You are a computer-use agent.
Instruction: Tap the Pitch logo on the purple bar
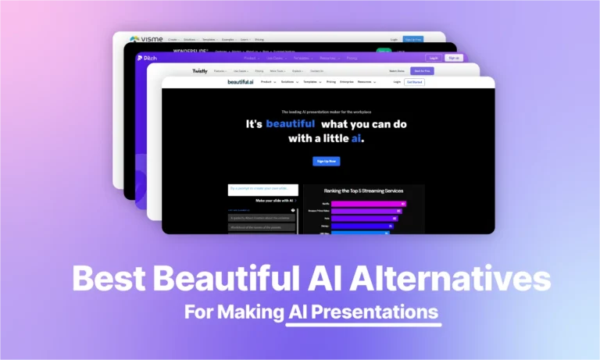tap(145, 58)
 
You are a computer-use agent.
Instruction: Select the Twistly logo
tap(200, 70)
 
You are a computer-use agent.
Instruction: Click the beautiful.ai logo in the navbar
tap(241, 82)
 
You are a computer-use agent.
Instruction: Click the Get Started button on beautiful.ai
tap(414, 82)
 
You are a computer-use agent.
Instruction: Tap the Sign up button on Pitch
tap(453, 58)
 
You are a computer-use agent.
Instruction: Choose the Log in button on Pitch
tap(433, 58)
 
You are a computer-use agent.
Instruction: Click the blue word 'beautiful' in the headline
tap(291, 123)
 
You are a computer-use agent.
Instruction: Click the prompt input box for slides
tap(262, 190)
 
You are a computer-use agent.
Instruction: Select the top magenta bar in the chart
tap(369, 204)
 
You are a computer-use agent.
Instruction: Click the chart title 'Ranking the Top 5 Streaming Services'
tap(364, 190)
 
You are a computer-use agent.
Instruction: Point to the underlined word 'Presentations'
tap(362, 312)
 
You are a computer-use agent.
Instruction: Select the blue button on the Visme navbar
tap(413, 38)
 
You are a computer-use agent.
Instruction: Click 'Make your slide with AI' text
tap(260, 201)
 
